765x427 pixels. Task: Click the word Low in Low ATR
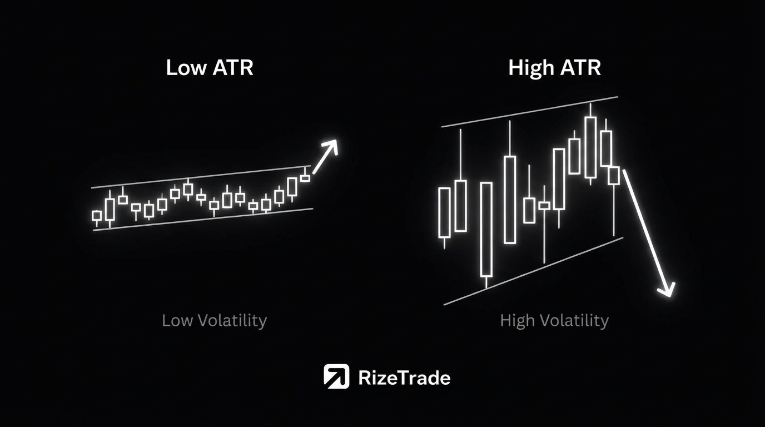click(x=186, y=68)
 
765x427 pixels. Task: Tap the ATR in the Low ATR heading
click(x=233, y=68)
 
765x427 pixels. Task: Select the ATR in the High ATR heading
click(x=580, y=68)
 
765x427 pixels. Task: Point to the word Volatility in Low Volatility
click(x=232, y=321)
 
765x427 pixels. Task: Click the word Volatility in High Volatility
click(x=574, y=321)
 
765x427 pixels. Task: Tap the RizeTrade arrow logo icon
click(x=336, y=376)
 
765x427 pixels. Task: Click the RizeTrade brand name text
click(x=404, y=378)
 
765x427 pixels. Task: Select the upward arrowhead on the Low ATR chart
click(x=331, y=146)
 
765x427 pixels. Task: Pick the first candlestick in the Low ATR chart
click(x=97, y=217)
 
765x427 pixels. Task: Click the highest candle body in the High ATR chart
click(x=590, y=147)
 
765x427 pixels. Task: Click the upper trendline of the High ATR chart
click(x=530, y=112)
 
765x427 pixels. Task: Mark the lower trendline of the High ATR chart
click(x=534, y=271)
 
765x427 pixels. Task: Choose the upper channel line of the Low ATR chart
click(x=201, y=177)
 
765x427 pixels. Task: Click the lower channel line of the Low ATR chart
click(x=203, y=220)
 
